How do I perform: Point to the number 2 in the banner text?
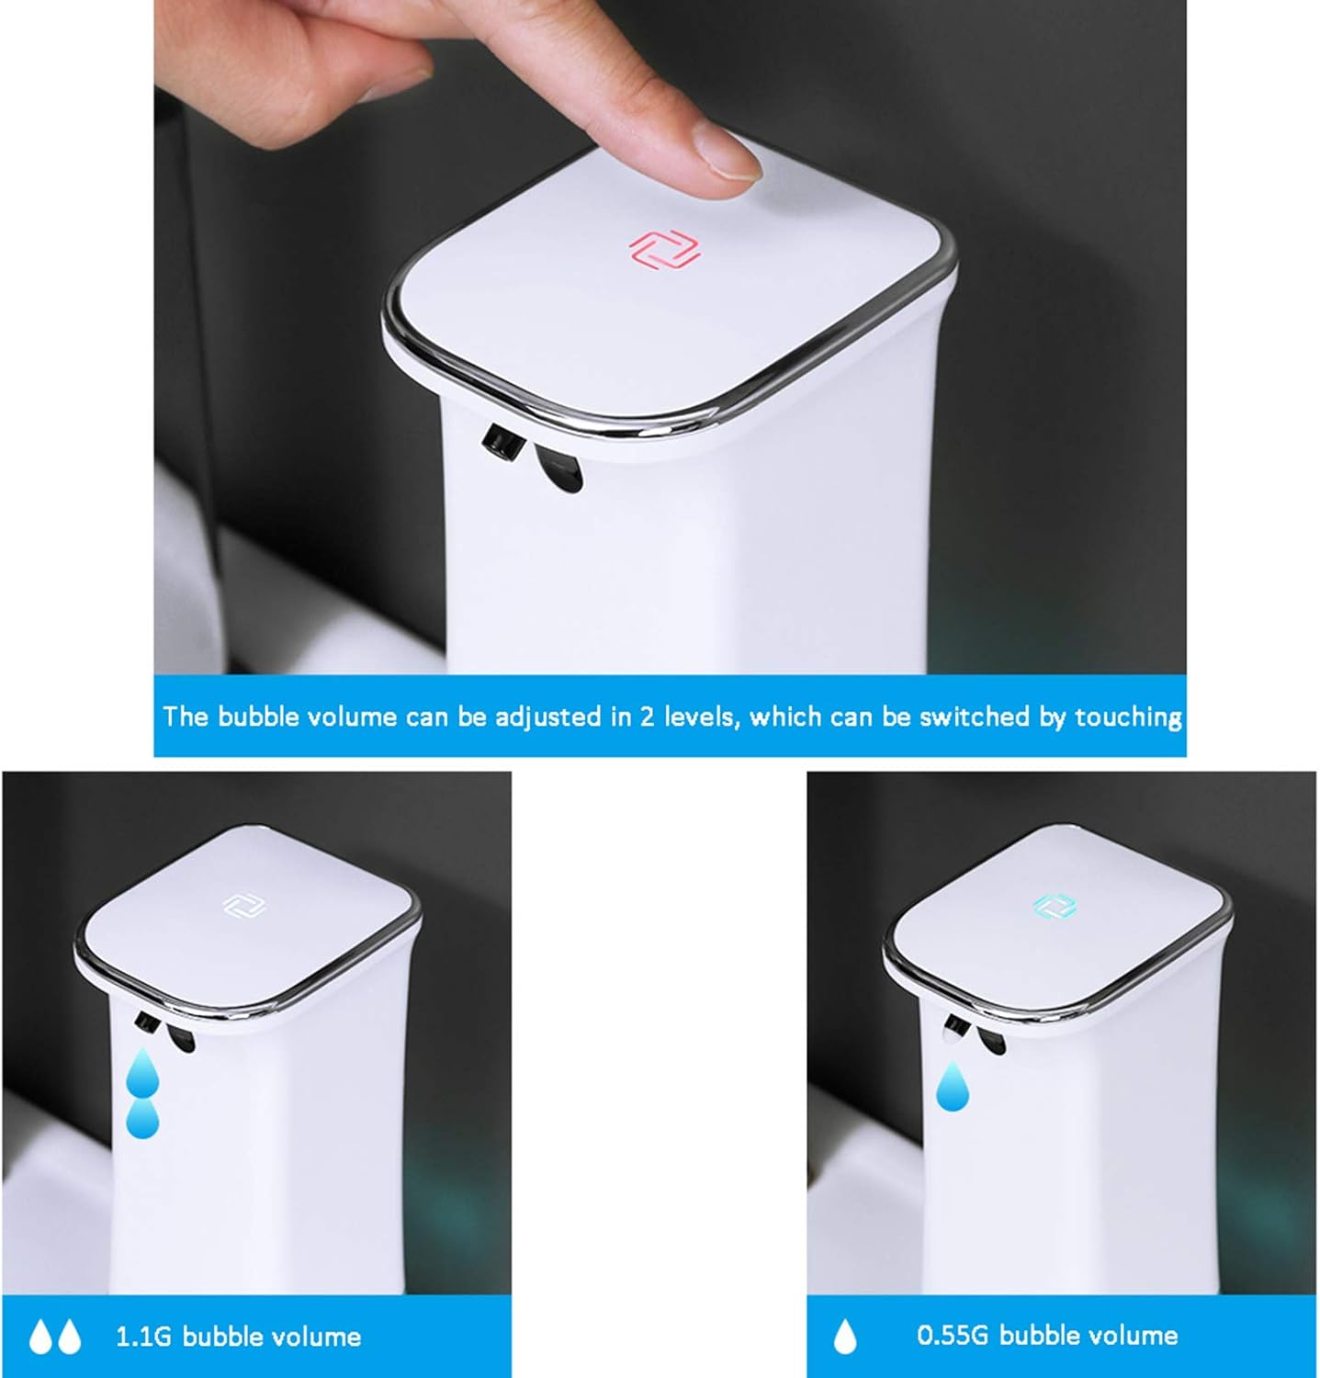pos(648,716)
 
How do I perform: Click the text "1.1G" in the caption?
pos(143,1336)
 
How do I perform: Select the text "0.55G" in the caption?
pos(953,1335)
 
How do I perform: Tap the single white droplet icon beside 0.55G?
pos(845,1337)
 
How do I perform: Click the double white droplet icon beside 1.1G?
pos(55,1337)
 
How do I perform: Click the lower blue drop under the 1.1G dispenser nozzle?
pos(142,1118)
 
